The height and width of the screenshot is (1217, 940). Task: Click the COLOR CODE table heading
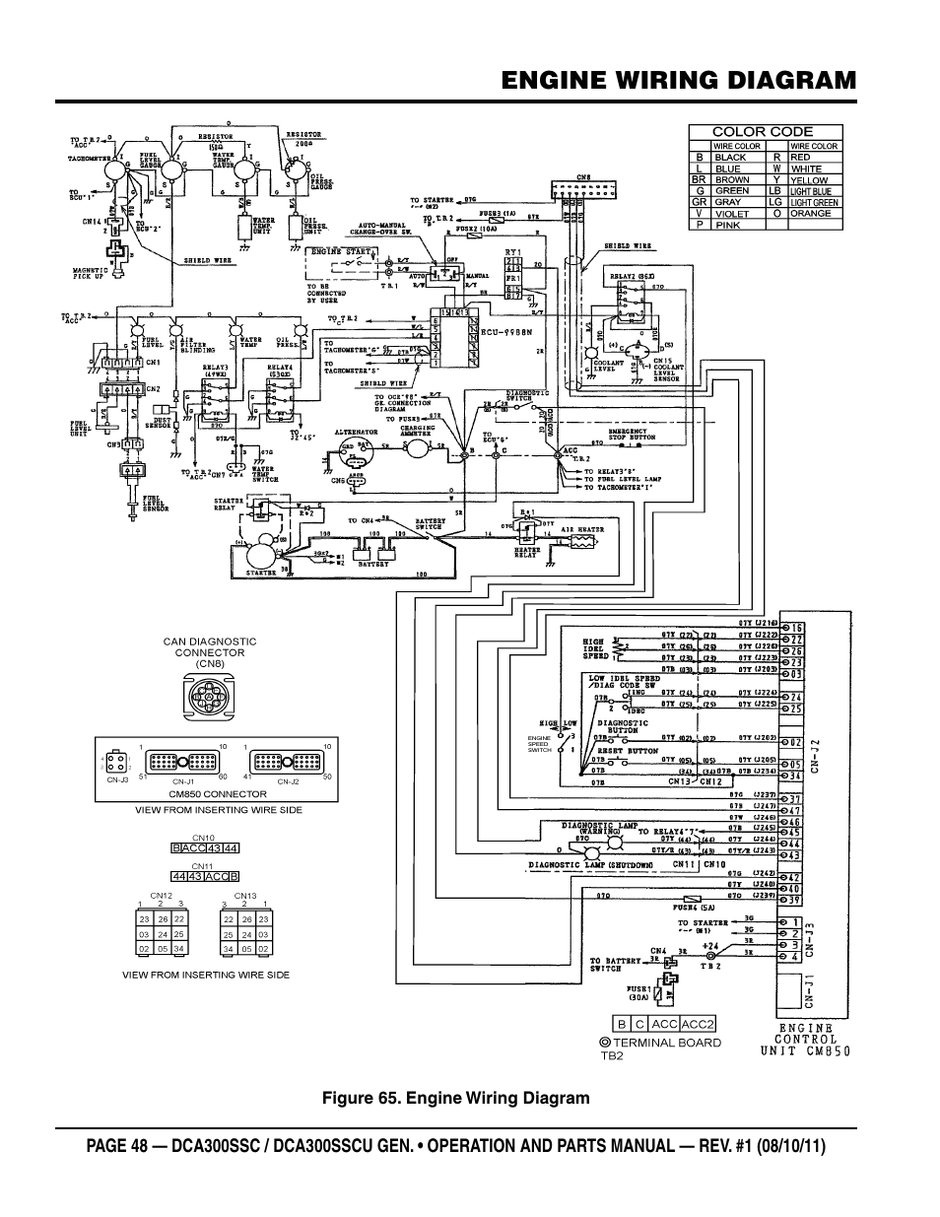point(763,131)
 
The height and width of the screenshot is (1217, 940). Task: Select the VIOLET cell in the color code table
point(731,213)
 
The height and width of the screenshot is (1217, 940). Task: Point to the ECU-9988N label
point(504,333)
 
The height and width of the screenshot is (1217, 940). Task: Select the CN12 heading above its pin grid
point(162,896)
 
